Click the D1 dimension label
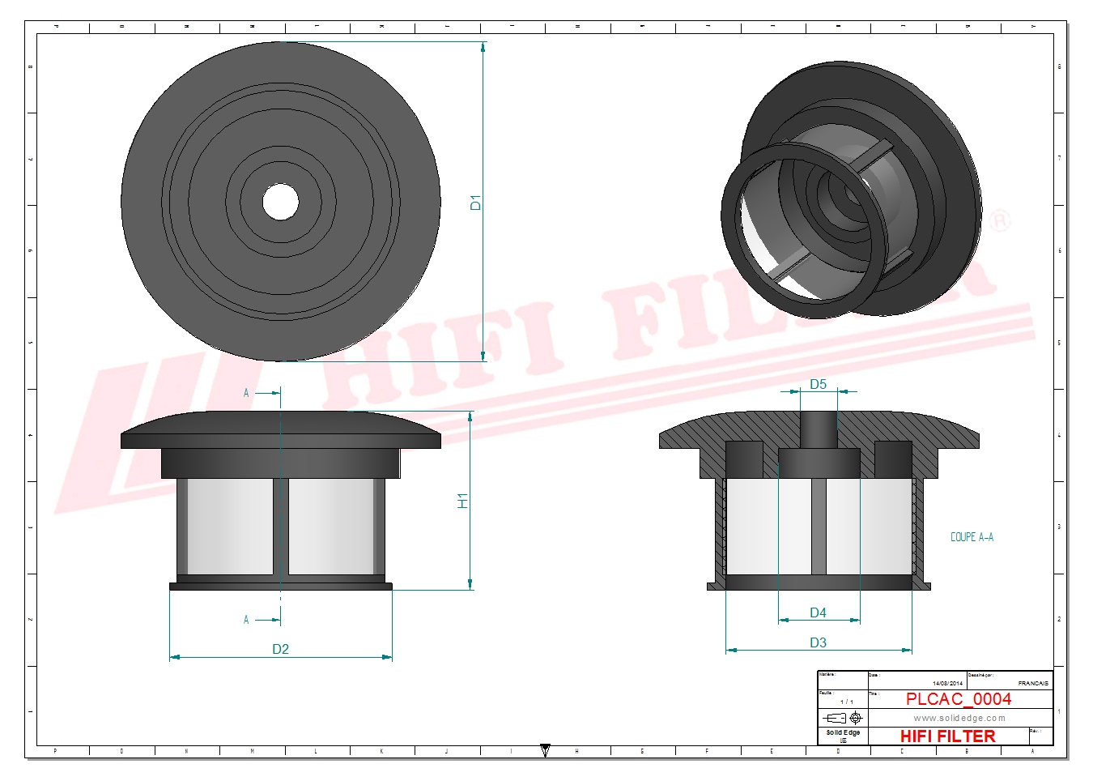pyautogui.click(x=475, y=203)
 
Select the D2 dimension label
pyautogui.click(x=280, y=649)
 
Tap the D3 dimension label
pyautogui.click(x=818, y=642)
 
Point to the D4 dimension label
pyautogui.click(x=818, y=612)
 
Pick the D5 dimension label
pyautogui.click(x=818, y=384)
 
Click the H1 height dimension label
pyautogui.click(x=462, y=501)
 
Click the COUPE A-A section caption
pyautogui.click(x=971, y=537)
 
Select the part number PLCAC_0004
pyautogui.click(x=958, y=699)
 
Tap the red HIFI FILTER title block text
pyautogui.click(x=947, y=736)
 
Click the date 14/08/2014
pyautogui.click(x=947, y=683)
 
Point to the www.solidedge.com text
pyautogui.click(x=959, y=718)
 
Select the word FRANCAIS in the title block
pyautogui.click(x=1032, y=683)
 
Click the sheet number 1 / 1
pyautogui.click(x=846, y=702)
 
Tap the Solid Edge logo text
pyautogui.click(x=843, y=732)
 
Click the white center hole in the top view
pyautogui.click(x=280, y=202)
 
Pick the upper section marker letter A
pyautogui.click(x=246, y=393)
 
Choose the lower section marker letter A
pyautogui.click(x=246, y=620)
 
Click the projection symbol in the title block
pyautogui.click(x=843, y=718)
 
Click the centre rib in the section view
pyautogui.click(x=819, y=527)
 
